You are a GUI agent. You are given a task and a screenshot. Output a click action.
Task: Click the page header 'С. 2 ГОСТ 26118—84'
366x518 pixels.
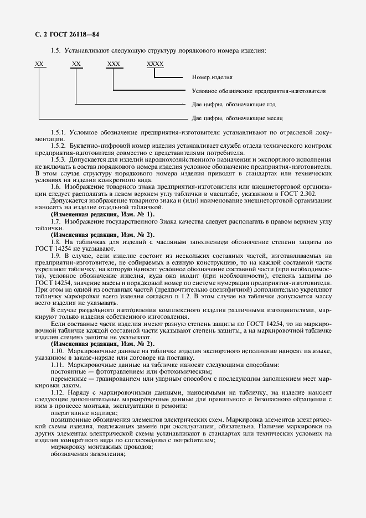tap(66, 34)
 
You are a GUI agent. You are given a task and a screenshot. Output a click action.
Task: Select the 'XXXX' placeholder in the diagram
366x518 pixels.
tap(155, 65)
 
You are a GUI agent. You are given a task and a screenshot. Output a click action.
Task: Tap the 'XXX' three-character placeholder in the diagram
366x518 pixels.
tap(114, 65)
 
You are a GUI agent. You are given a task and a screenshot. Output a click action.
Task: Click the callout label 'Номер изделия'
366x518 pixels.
tap(212, 77)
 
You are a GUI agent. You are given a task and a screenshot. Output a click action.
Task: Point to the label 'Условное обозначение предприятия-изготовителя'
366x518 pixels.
tap(259, 91)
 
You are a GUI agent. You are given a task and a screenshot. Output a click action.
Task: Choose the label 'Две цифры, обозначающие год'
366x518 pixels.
tap(234, 104)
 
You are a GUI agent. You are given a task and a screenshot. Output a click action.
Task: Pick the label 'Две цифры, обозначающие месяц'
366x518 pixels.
tap(237, 118)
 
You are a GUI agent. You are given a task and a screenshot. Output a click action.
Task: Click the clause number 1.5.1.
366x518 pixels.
tap(59, 133)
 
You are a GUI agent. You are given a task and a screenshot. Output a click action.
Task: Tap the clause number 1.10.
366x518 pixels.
tap(58, 353)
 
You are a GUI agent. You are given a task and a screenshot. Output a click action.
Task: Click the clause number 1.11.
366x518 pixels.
tap(58, 366)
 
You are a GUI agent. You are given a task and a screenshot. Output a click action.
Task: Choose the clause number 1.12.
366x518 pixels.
tap(58, 392)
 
